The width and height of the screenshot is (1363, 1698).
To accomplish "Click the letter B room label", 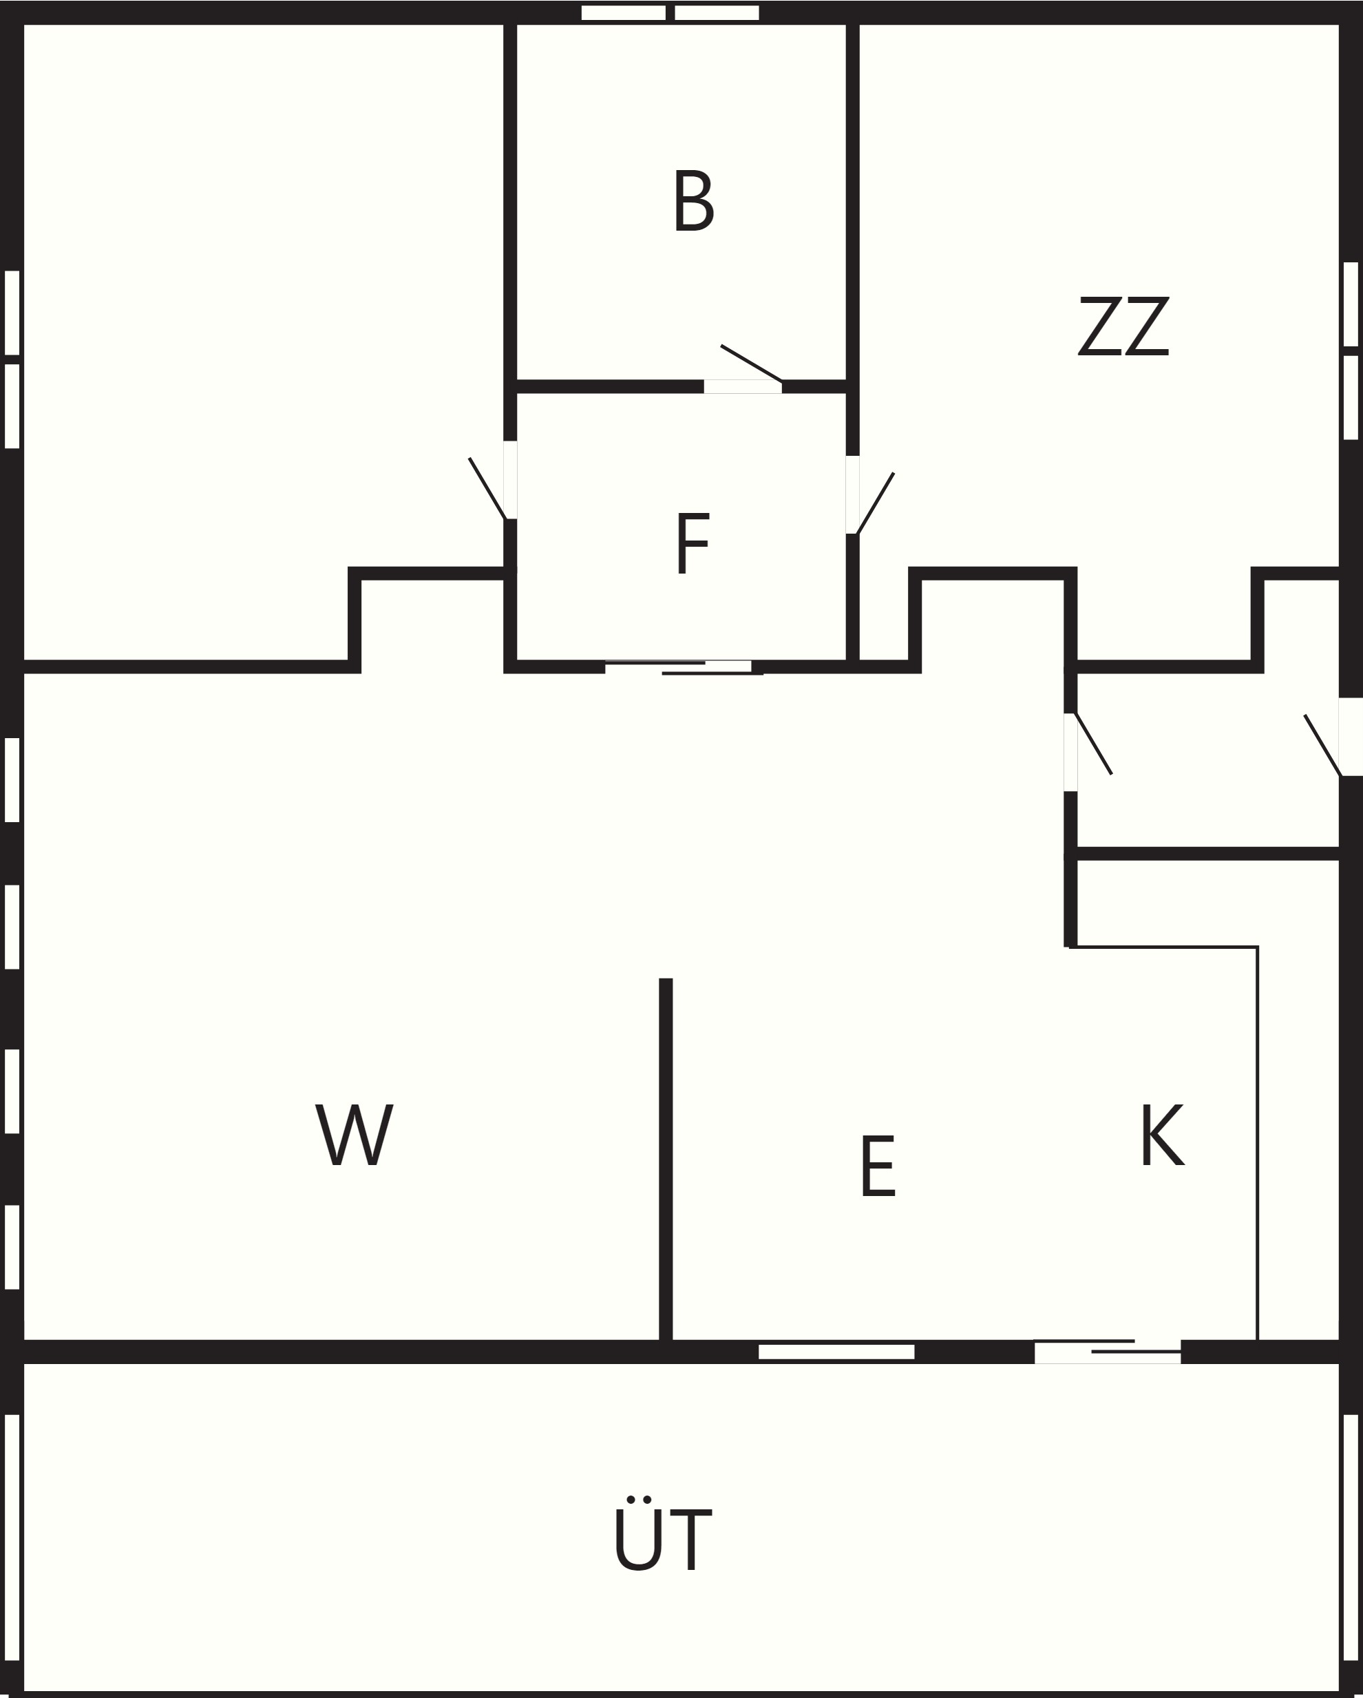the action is click(x=694, y=201).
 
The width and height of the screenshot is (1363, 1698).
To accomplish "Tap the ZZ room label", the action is click(x=1123, y=326).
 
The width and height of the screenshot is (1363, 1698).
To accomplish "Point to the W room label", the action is click(x=355, y=1134).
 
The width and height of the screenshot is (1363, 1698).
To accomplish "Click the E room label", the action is click(x=878, y=1166).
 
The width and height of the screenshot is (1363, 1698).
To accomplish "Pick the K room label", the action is click(x=1162, y=1134).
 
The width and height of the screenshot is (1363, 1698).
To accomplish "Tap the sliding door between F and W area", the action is click(x=684, y=667).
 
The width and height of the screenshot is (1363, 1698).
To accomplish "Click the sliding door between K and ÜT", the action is click(x=1107, y=1352).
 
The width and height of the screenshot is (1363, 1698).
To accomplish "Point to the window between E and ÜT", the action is click(x=836, y=1352).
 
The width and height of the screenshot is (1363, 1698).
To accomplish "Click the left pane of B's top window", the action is click(x=624, y=12).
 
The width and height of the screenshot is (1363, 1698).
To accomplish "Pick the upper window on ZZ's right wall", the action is click(x=1351, y=304).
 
